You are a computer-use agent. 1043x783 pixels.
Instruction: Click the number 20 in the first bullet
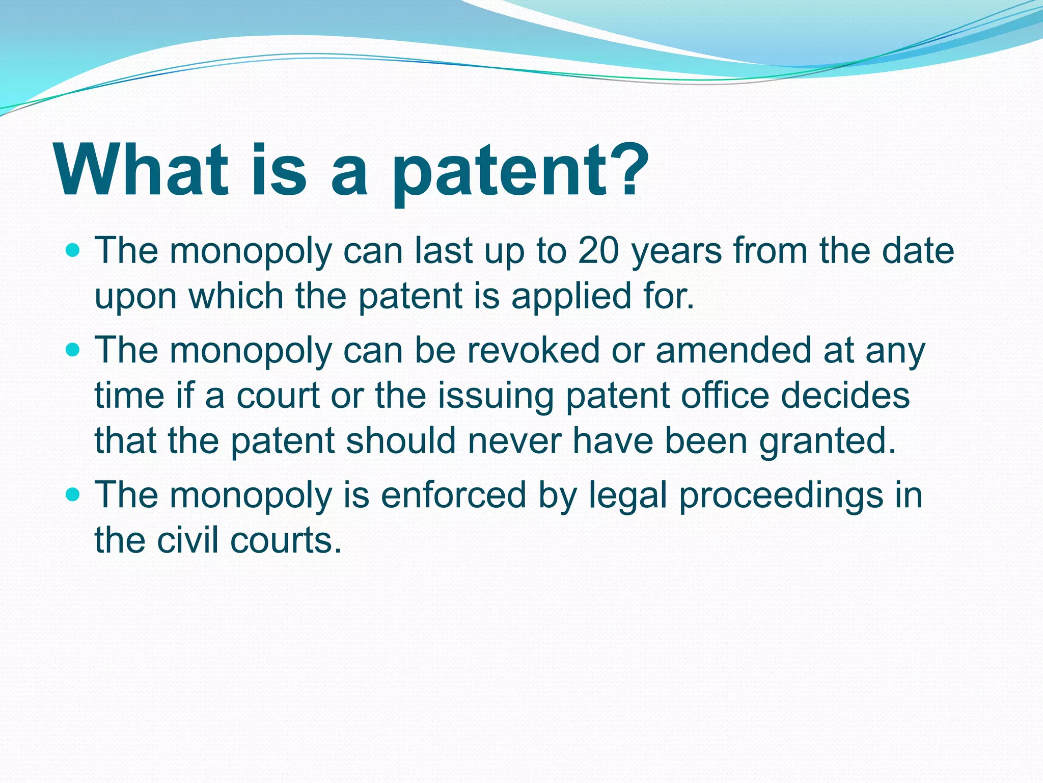pos(599,251)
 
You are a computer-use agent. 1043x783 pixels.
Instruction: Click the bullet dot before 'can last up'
pos(73,251)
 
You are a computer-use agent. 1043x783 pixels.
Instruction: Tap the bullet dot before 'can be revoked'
pos(73,350)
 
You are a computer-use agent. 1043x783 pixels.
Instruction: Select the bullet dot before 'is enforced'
pos(73,495)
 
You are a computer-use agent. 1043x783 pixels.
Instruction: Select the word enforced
pos(453,495)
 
